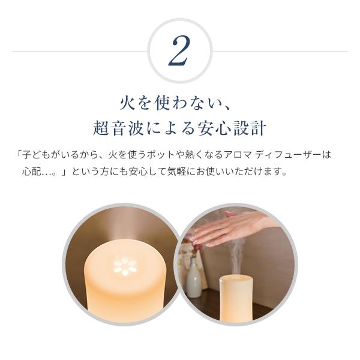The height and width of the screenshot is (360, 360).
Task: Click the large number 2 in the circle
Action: (x=179, y=51)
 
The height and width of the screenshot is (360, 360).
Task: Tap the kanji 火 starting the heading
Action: (x=127, y=103)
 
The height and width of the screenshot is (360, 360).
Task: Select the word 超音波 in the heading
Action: (x=118, y=128)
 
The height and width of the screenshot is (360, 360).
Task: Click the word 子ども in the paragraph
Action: (x=36, y=155)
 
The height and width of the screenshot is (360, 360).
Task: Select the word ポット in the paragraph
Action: (x=160, y=155)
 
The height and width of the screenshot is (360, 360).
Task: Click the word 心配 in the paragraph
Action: (x=31, y=172)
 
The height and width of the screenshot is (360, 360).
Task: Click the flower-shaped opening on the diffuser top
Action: (x=125, y=267)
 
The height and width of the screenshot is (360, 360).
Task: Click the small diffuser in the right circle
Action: (x=236, y=298)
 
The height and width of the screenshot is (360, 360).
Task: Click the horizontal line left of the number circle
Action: (x=80, y=52)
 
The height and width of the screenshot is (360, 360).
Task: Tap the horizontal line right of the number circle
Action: (x=280, y=52)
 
